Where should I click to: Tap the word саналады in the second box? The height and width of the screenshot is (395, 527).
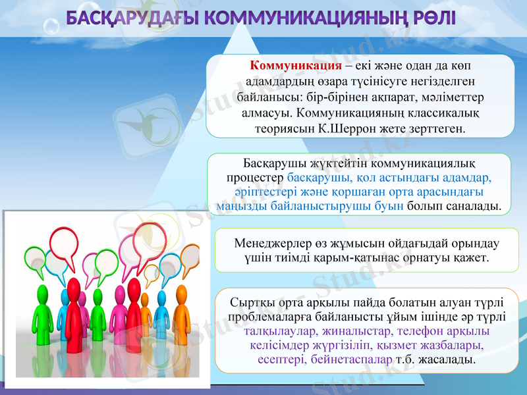(x=472, y=206)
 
